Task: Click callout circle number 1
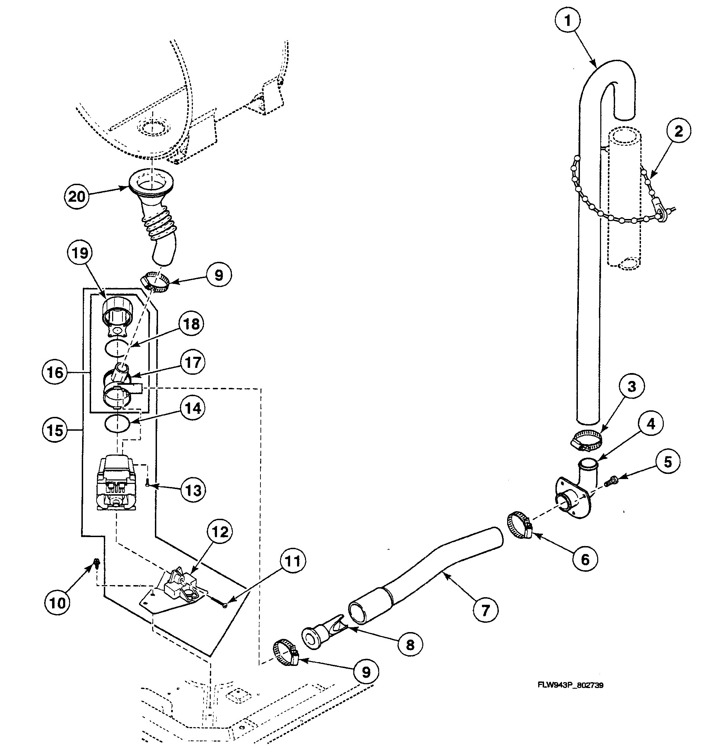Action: (568, 21)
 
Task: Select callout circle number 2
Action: (678, 132)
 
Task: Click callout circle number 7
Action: (485, 610)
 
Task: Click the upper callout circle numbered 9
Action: (219, 275)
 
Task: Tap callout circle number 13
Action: (193, 490)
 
